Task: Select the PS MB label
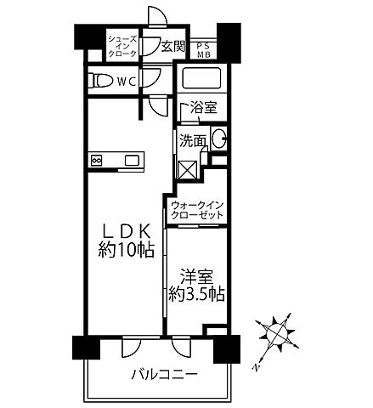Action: pyautogui.click(x=204, y=48)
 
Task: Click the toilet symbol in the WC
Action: pyautogui.click(x=100, y=81)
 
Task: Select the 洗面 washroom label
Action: pyautogui.click(x=191, y=141)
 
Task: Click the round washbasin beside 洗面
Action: pyautogui.click(x=218, y=139)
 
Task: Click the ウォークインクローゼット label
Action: pyautogui.click(x=197, y=211)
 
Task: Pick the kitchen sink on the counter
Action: pyautogui.click(x=134, y=160)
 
